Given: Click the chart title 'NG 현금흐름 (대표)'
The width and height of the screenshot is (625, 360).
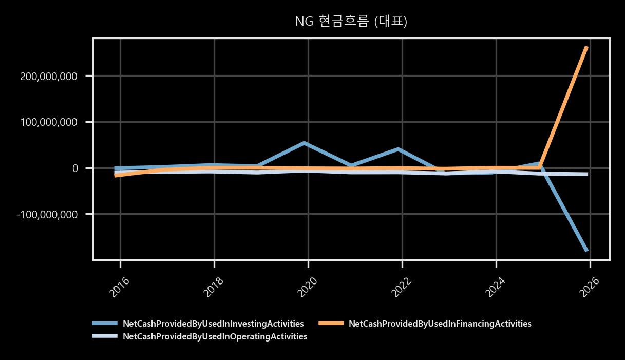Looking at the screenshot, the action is pos(351,21).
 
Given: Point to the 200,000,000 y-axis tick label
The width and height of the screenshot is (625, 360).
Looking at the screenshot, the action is pos(49,76).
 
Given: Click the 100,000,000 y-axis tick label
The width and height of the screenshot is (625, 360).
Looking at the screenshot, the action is pos(49,122).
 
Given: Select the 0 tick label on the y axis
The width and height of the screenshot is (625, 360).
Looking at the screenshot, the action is pos(75,168).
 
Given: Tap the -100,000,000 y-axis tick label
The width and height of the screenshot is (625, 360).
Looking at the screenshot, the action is pos(47,215).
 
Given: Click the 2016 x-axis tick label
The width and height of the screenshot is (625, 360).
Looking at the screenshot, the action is pos(120,287).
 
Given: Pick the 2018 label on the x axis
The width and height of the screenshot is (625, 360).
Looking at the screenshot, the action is pos(214,287).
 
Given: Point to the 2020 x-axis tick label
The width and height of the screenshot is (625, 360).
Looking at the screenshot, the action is pos(307,287).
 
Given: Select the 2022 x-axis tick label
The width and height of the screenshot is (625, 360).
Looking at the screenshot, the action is pos(401,287).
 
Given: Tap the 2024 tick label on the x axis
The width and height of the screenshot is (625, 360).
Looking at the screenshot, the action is pos(495,287).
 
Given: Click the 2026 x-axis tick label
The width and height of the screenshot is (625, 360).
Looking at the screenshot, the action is pos(589,287).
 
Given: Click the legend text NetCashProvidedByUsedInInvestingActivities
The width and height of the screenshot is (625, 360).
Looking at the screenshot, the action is pos(213,324).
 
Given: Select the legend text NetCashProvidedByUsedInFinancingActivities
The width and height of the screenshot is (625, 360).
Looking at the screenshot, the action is pos(440,324).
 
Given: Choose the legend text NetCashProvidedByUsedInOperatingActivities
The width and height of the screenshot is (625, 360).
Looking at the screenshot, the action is pos(215,336).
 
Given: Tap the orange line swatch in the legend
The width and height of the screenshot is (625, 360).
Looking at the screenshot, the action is pos(331,323).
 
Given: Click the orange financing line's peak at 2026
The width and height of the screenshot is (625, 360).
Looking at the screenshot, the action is pos(587,47).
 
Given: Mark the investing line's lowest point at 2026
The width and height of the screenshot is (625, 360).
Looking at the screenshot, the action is pos(587,251).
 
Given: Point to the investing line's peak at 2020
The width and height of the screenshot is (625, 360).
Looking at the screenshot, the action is pos(304,143).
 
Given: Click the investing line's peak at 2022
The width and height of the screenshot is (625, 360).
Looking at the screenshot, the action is pos(399,149).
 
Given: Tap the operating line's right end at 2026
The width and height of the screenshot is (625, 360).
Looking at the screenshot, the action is pos(588,175).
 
